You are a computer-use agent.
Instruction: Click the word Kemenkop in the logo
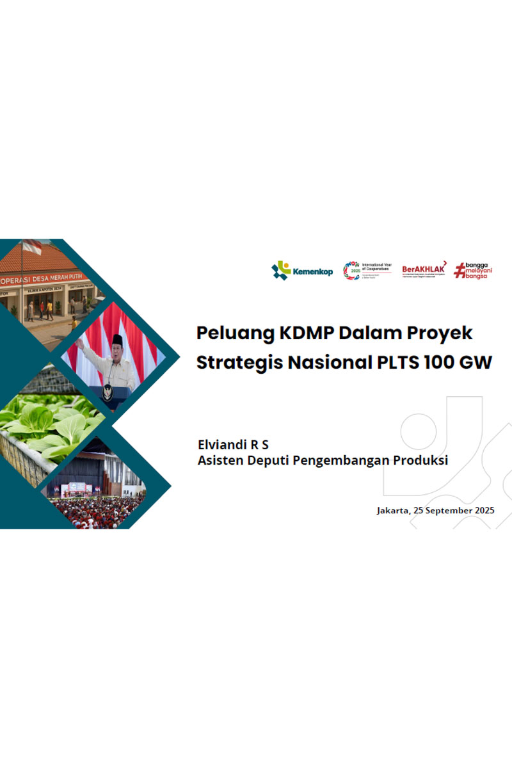point(313,271)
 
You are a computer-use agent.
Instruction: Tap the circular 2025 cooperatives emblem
point(351,270)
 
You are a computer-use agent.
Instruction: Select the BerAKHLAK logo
point(423,270)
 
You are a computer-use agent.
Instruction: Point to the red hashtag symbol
point(459,271)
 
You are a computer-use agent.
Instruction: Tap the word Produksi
point(421,460)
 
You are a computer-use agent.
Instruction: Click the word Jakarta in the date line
point(395,511)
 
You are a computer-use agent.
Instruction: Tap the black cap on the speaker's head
point(117,339)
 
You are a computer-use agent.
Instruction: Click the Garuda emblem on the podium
point(108,392)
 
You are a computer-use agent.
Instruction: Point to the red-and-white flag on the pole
point(32,246)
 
